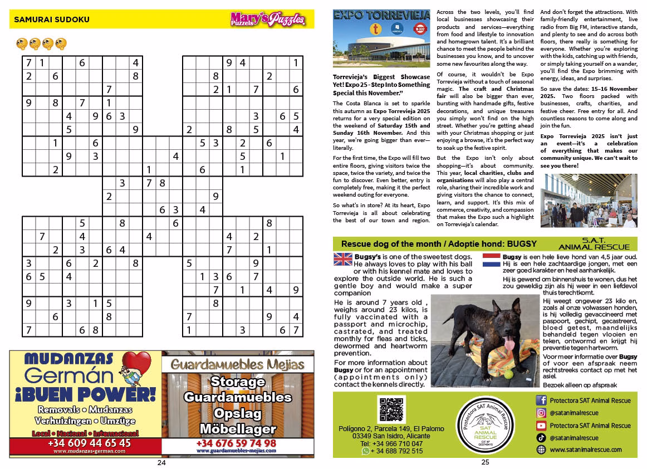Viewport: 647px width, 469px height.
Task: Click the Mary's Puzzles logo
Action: point(268,20)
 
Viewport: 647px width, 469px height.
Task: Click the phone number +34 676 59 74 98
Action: point(237,443)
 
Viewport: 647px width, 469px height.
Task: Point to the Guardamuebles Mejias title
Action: point(237,365)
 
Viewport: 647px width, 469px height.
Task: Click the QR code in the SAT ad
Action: point(390,409)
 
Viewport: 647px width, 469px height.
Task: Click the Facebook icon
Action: point(541,400)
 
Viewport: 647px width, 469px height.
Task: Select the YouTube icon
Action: point(541,426)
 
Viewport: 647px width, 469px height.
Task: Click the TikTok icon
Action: point(541,438)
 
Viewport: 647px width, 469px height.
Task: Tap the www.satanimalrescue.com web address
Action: point(585,450)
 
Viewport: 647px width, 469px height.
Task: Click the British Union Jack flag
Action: point(342,259)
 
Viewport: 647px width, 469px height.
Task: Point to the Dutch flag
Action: point(492,259)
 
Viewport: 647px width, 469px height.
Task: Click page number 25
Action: point(485,462)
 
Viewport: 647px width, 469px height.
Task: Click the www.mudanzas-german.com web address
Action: point(89,451)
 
